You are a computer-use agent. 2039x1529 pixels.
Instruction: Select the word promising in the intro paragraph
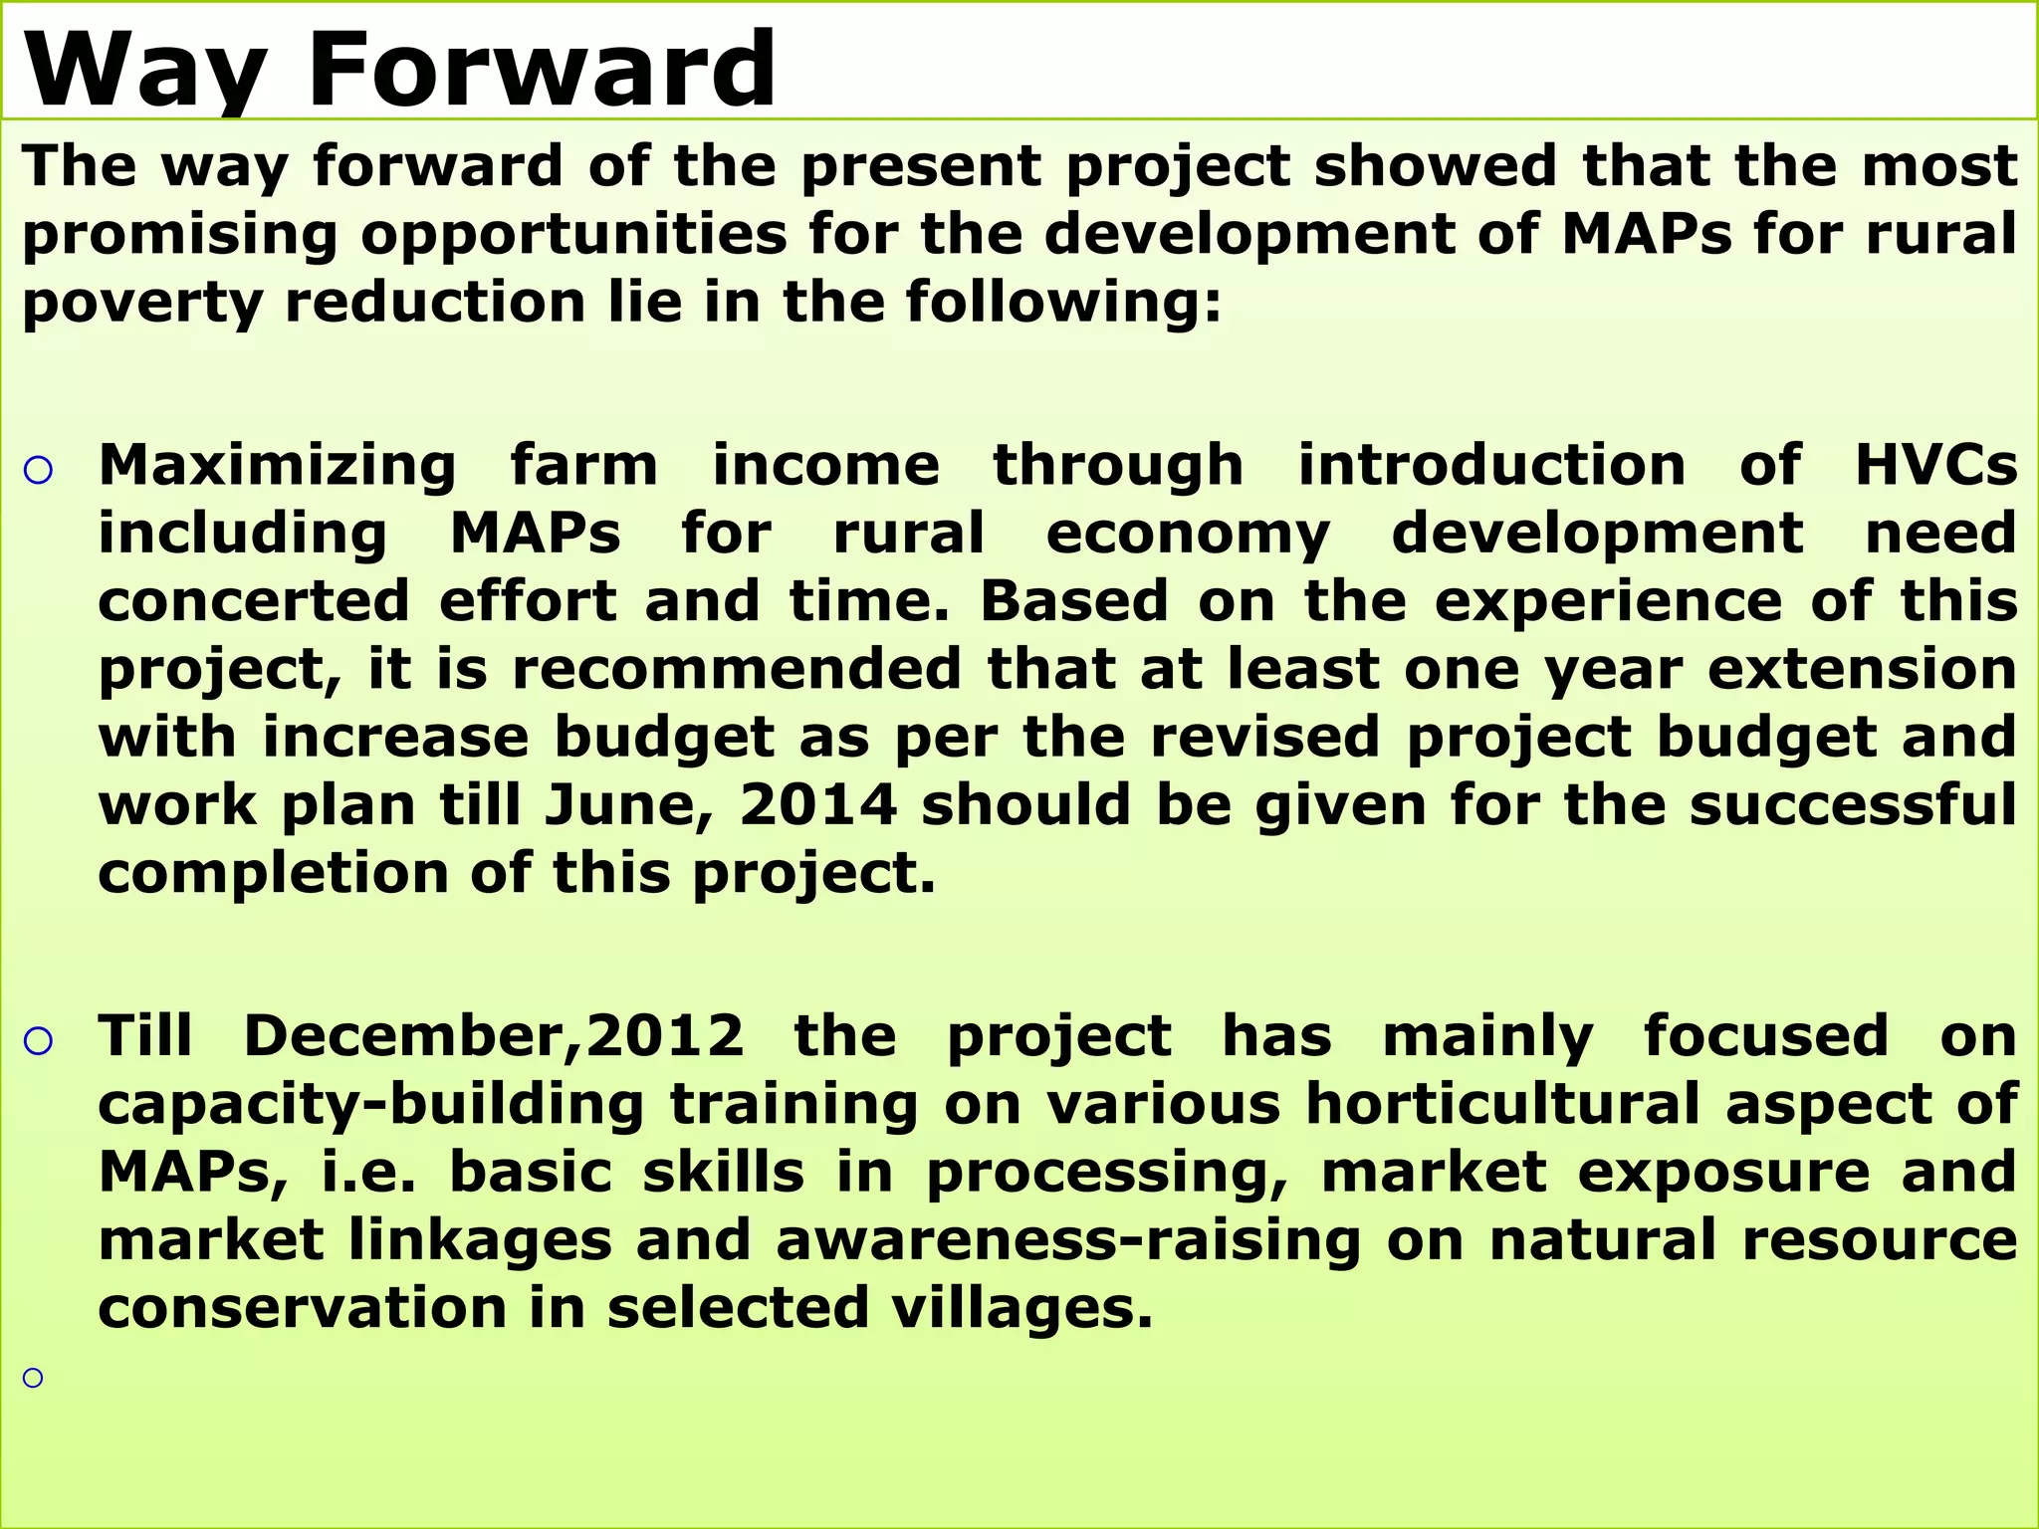[179, 236]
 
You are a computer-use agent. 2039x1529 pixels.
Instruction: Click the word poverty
[142, 304]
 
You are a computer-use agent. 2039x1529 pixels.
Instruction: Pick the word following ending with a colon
[1062, 304]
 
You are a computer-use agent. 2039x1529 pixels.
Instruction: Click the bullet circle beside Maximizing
[38, 471]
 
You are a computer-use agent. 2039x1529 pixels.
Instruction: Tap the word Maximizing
[277, 467]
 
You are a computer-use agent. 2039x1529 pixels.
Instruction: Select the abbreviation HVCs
[1935, 466]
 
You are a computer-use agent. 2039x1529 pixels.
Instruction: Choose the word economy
[1187, 535]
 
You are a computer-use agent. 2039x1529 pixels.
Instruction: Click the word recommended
[736, 669]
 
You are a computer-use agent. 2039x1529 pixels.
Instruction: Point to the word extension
[1862, 669]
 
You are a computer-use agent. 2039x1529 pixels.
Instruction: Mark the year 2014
[818, 805]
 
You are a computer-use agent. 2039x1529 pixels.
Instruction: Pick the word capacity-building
[371, 1106]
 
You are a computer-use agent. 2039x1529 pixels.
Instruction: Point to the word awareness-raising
[1067, 1241]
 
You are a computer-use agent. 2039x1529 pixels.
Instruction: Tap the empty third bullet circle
[34, 1378]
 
